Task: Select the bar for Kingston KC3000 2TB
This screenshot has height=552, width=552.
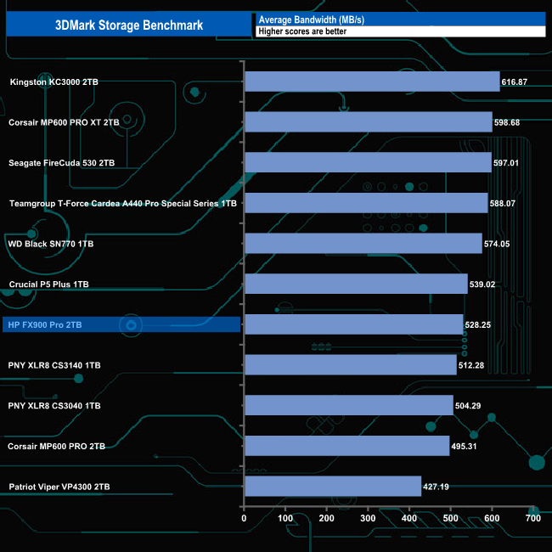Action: [371, 82]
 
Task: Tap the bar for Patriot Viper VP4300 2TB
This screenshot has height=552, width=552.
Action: [332, 487]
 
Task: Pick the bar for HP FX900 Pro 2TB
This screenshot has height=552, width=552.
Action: [353, 324]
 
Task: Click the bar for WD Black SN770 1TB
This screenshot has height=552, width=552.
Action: [363, 244]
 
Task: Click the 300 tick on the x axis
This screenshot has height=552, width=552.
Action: [368, 518]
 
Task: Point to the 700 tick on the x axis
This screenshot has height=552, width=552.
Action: [532, 518]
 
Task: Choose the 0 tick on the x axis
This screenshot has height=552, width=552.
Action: [245, 518]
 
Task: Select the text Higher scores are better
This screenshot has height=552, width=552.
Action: [302, 31]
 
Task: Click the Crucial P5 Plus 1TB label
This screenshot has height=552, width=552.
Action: [48, 284]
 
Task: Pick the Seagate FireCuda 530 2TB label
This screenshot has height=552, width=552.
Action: [61, 163]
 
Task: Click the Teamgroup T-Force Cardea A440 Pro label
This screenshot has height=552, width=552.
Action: [122, 204]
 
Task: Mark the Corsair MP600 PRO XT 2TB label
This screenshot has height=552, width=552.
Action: [64, 122]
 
